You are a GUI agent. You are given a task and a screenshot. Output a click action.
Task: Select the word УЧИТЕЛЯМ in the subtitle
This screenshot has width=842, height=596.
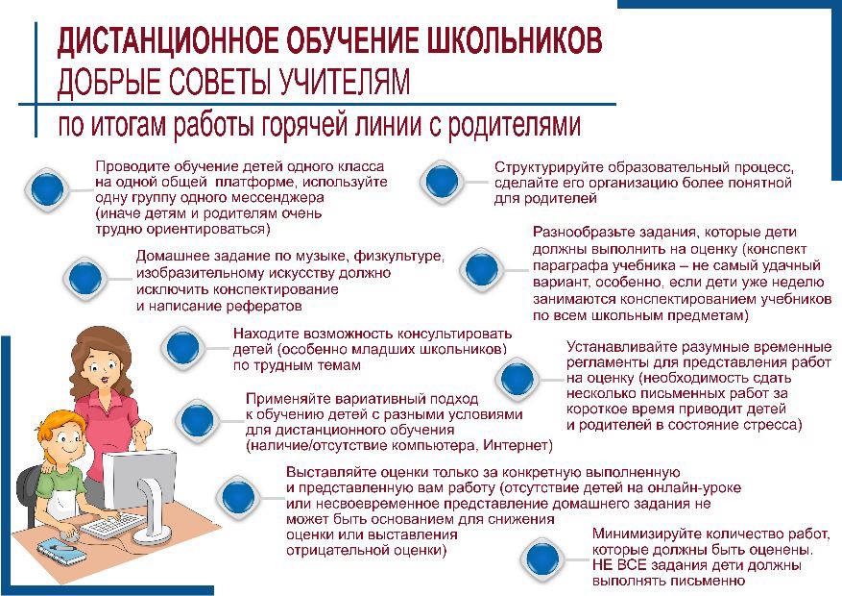click(345, 82)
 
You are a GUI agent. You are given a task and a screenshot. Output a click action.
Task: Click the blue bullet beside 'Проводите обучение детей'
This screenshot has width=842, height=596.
click(48, 189)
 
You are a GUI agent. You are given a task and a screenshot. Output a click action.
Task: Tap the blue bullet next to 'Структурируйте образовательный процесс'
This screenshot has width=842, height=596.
click(442, 181)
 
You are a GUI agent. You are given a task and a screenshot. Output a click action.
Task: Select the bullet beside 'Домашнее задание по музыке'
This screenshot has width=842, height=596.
click(85, 279)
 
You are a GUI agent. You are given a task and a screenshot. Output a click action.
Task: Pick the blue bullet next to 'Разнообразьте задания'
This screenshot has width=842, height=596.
click(482, 269)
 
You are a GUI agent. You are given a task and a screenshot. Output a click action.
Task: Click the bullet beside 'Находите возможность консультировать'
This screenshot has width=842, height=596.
click(183, 348)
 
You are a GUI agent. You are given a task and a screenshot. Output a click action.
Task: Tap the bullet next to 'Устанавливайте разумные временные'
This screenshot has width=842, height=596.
click(517, 378)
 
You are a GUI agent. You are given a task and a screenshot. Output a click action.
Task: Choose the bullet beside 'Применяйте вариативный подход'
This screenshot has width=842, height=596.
click(198, 420)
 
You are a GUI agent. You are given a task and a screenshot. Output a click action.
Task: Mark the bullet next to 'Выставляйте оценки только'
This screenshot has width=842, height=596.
click(238, 496)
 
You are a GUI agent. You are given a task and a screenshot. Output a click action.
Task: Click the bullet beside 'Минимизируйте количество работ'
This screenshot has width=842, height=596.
click(542, 559)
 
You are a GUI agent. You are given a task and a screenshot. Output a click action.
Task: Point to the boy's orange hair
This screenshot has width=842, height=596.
click(60, 426)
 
